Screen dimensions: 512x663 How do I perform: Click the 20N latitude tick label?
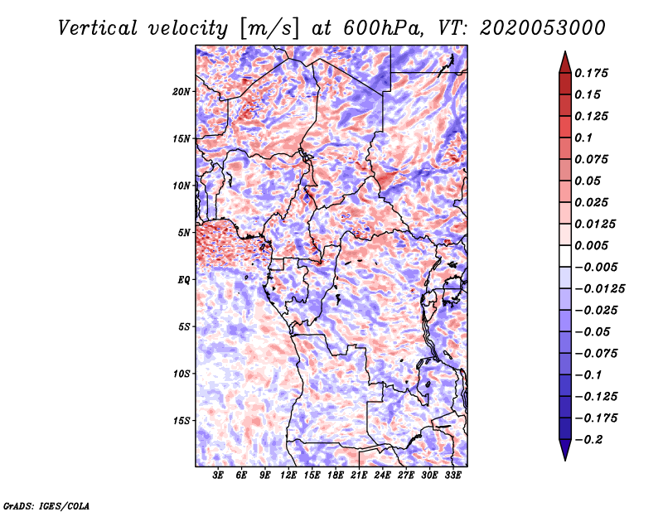point(181,91)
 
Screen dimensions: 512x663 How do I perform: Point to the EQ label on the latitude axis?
point(184,280)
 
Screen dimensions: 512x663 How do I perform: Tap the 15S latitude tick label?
point(181,421)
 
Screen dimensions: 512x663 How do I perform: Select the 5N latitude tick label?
point(184,233)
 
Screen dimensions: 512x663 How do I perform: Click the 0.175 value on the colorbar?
point(592,73)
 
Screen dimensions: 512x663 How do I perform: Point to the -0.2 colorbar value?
point(590,439)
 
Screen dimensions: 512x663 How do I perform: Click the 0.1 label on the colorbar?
point(585,138)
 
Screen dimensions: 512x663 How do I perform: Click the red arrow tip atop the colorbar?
point(564,58)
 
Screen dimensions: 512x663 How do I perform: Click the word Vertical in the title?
point(97,27)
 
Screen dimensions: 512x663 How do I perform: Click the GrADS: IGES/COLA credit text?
point(46,505)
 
